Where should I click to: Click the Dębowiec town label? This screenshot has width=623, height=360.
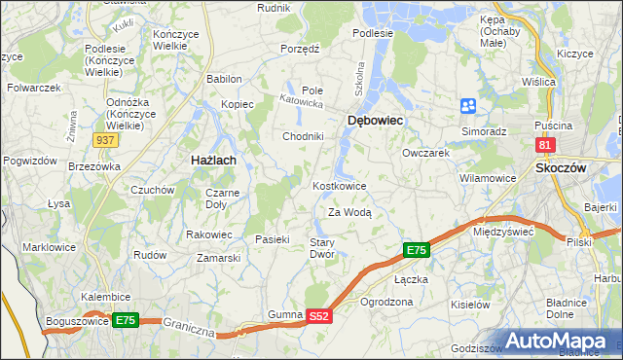(375, 120)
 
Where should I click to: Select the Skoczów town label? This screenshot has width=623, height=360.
(561, 167)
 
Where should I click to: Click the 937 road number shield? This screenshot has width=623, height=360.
(107, 140)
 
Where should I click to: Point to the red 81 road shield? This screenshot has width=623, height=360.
(545, 146)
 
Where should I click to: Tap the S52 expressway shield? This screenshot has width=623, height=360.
(320, 316)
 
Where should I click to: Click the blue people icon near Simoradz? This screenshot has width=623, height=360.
(468, 105)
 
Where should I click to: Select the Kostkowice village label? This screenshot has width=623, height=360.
(339, 186)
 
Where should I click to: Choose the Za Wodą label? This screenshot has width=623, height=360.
(349, 212)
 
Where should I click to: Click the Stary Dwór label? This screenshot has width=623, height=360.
(322, 248)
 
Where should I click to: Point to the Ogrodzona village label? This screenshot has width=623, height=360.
(386, 302)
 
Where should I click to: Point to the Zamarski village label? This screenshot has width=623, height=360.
(218, 258)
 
